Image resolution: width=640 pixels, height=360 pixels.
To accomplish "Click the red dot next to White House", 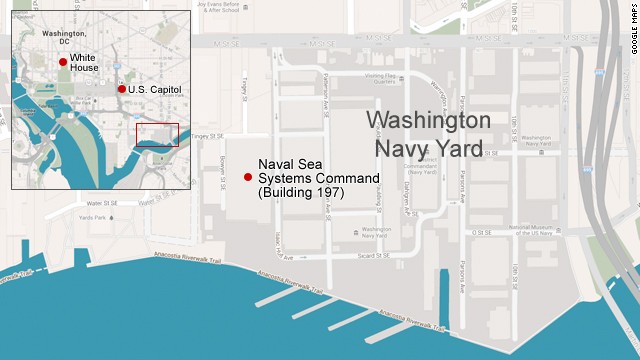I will [x=63, y=62].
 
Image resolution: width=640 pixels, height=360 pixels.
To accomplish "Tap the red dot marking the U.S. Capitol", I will [x=122, y=89].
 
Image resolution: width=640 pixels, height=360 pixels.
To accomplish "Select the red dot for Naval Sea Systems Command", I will [x=248, y=177].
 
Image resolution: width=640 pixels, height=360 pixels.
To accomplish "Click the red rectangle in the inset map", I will [x=157, y=135].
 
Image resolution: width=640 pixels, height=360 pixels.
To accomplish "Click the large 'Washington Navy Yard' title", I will [x=428, y=135].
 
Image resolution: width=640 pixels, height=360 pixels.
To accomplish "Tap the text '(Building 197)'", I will [x=301, y=192].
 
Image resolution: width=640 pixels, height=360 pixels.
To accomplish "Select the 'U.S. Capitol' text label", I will [x=154, y=89].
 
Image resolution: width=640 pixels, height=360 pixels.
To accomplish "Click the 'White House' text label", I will [x=89, y=63].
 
